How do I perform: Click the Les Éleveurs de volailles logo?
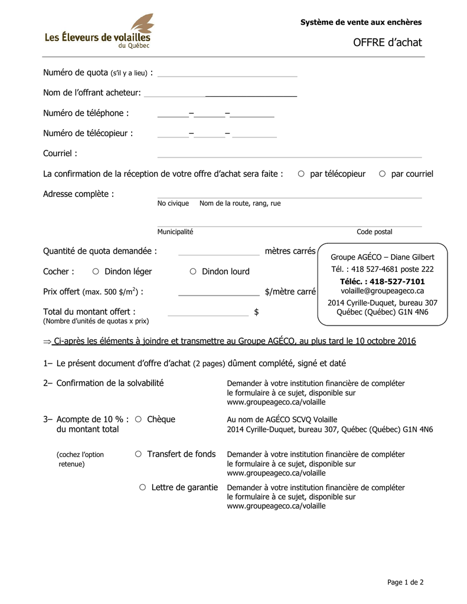click(99, 33)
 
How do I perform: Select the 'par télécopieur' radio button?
click(301, 173)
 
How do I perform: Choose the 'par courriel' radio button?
click(382, 173)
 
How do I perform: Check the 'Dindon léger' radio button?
click(96, 271)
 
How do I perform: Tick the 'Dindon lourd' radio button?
click(193, 271)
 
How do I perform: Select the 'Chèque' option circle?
click(138, 419)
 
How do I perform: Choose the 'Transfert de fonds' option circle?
click(138, 454)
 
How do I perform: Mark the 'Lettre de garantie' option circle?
click(142, 487)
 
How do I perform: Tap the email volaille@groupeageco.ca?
click(382, 291)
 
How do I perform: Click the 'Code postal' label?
click(374, 232)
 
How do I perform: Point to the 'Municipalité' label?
click(175, 232)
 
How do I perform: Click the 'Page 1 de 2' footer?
click(405, 582)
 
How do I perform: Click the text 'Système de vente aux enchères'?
click(361, 22)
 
